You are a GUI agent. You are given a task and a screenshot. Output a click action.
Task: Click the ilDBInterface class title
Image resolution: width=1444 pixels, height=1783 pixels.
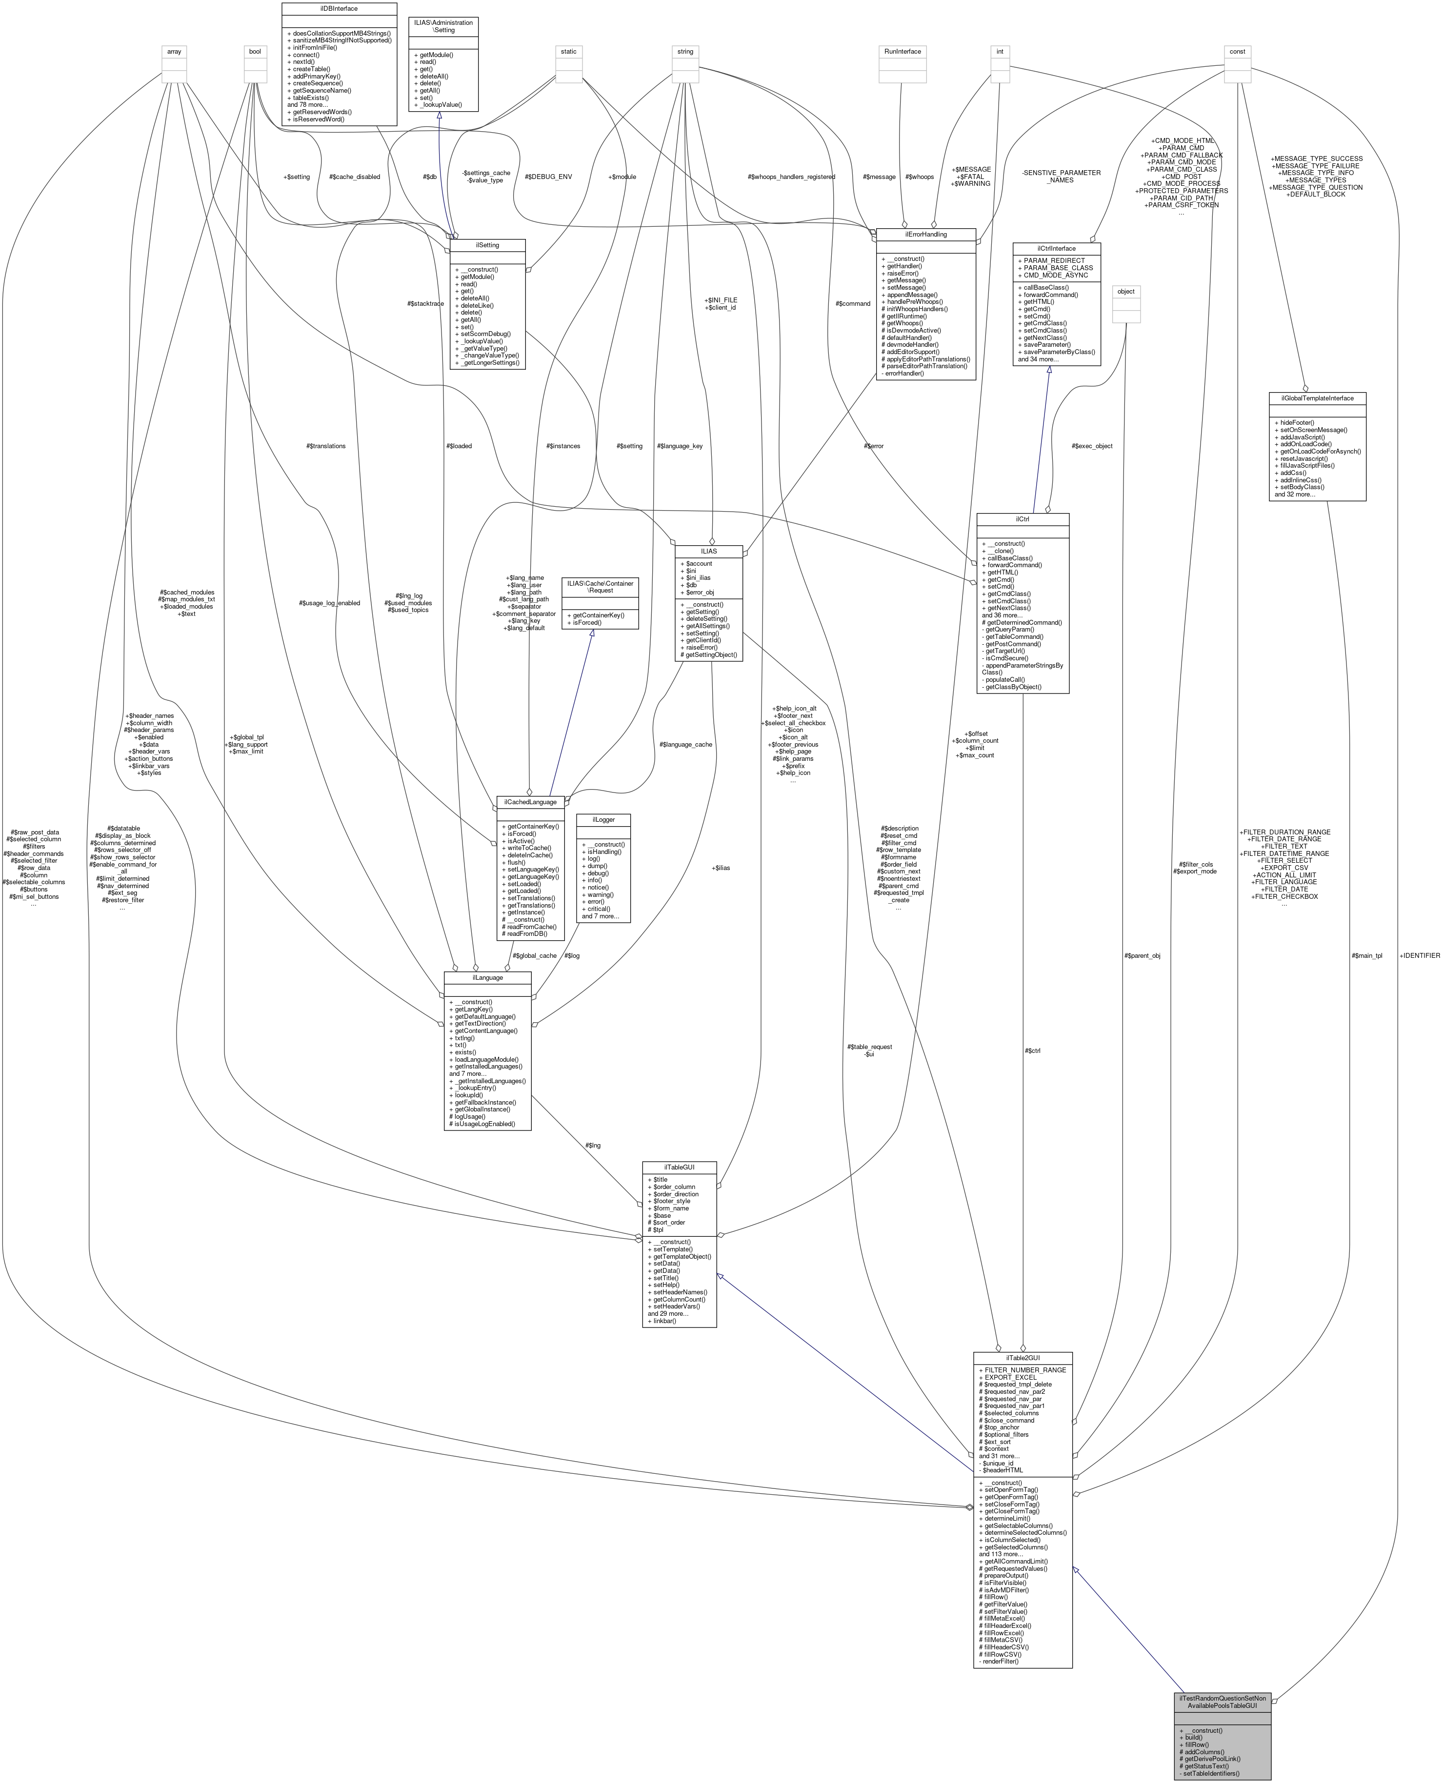pyautogui.click(x=339, y=8)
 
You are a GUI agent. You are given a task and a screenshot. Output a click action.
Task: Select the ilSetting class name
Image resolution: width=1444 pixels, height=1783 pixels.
pyautogui.click(x=486, y=245)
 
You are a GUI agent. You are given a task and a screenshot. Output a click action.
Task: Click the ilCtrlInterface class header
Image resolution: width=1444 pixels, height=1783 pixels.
pyautogui.click(x=1056, y=248)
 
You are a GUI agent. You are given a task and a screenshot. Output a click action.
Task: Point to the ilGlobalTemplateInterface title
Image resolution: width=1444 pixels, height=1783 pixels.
pyautogui.click(x=1317, y=398)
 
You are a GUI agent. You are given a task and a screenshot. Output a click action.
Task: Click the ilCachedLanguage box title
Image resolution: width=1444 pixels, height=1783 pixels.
pyautogui.click(x=530, y=802)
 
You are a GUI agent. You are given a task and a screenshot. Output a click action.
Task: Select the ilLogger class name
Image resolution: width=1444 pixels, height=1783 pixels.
pyautogui.click(x=603, y=819)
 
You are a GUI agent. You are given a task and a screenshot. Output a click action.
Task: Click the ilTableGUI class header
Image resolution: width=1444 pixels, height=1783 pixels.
pyautogui.click(x=679, y=1167)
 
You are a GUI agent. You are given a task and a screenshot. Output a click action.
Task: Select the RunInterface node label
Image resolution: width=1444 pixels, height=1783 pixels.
pyautogui.click(x=902, y=52)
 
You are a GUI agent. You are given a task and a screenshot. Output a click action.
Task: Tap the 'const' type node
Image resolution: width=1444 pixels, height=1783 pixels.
pyautogui.click(x=1237, y=52)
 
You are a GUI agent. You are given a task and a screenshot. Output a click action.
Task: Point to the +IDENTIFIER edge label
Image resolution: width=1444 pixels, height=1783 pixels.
pyautogui.click(x=1419, y=955)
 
